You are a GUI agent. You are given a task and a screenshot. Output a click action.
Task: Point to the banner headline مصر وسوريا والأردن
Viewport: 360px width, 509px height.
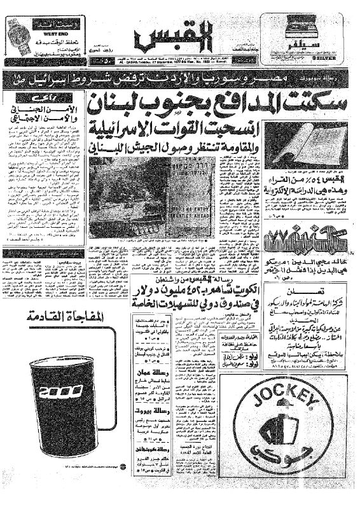click(x=184, y=81)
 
